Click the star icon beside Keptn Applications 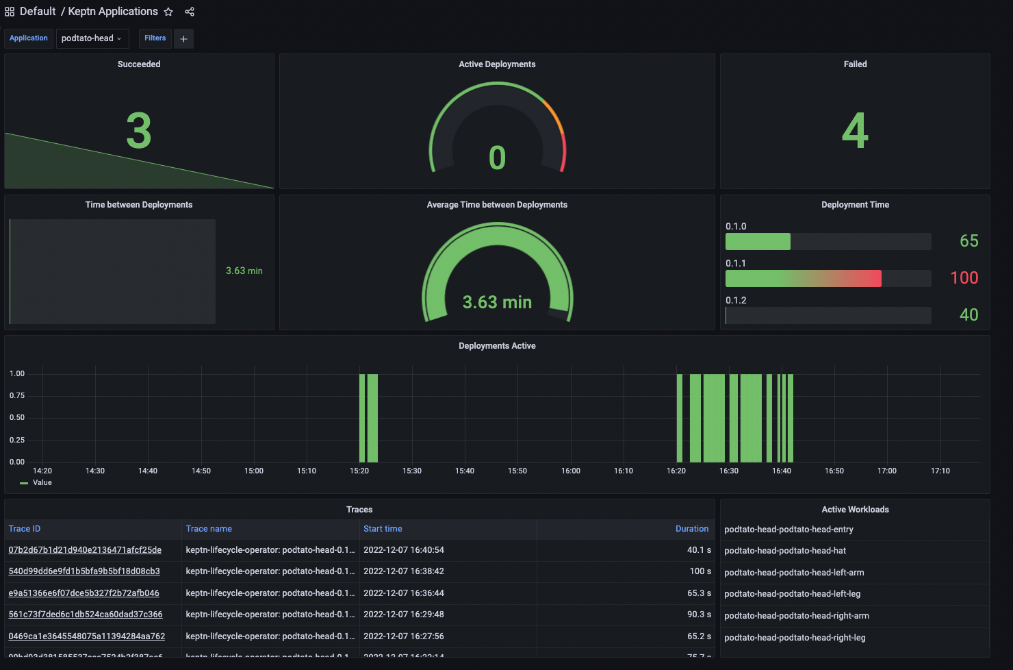tap(168, 12)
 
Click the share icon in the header tap(190, 12)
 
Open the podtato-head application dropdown tap(92, 38)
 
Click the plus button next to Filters tap(183, 39)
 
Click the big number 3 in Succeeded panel tap(139, 131)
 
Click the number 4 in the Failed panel tap(855, 131)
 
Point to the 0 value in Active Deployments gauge tap(497, 158)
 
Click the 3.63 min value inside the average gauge tap(497, 302)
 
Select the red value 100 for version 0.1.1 tap(964, 277)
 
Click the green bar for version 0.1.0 tap(758, 242)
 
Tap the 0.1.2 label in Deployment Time tap(736, 300)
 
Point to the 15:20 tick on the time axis tap(359, 471)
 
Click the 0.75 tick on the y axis tap(17, 395)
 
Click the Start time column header tap(383, 529)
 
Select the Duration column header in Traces tap(691, 529)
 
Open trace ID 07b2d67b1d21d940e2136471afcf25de tap(85, 550)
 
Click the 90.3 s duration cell tap(699, 615)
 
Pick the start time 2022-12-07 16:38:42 tap(404, 571)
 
